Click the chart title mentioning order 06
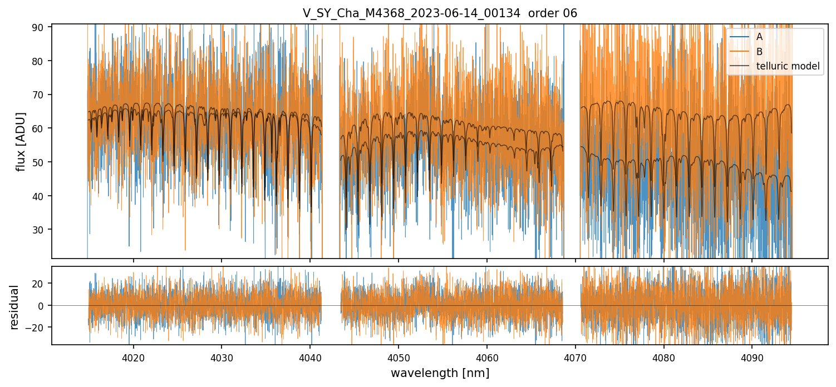tap(440, 13)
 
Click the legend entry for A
tap(759, 37)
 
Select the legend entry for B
tap(759, 52)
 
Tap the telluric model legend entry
tap(788, 66)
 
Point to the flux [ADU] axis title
tap(21, 141)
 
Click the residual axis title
tap(14, 307)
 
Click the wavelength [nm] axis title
tap(440, 373)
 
